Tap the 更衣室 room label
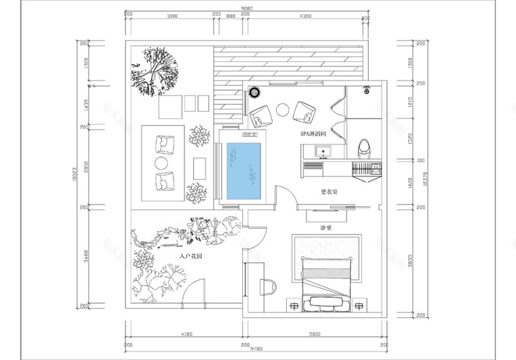(329, 192)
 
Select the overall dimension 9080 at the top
(248, 8)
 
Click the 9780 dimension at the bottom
(248, 349)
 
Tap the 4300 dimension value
(305, 16)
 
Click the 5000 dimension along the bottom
(315, 335)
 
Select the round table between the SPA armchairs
(283, 110)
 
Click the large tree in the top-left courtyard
(154, 70)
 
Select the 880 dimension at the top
(231, 16)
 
